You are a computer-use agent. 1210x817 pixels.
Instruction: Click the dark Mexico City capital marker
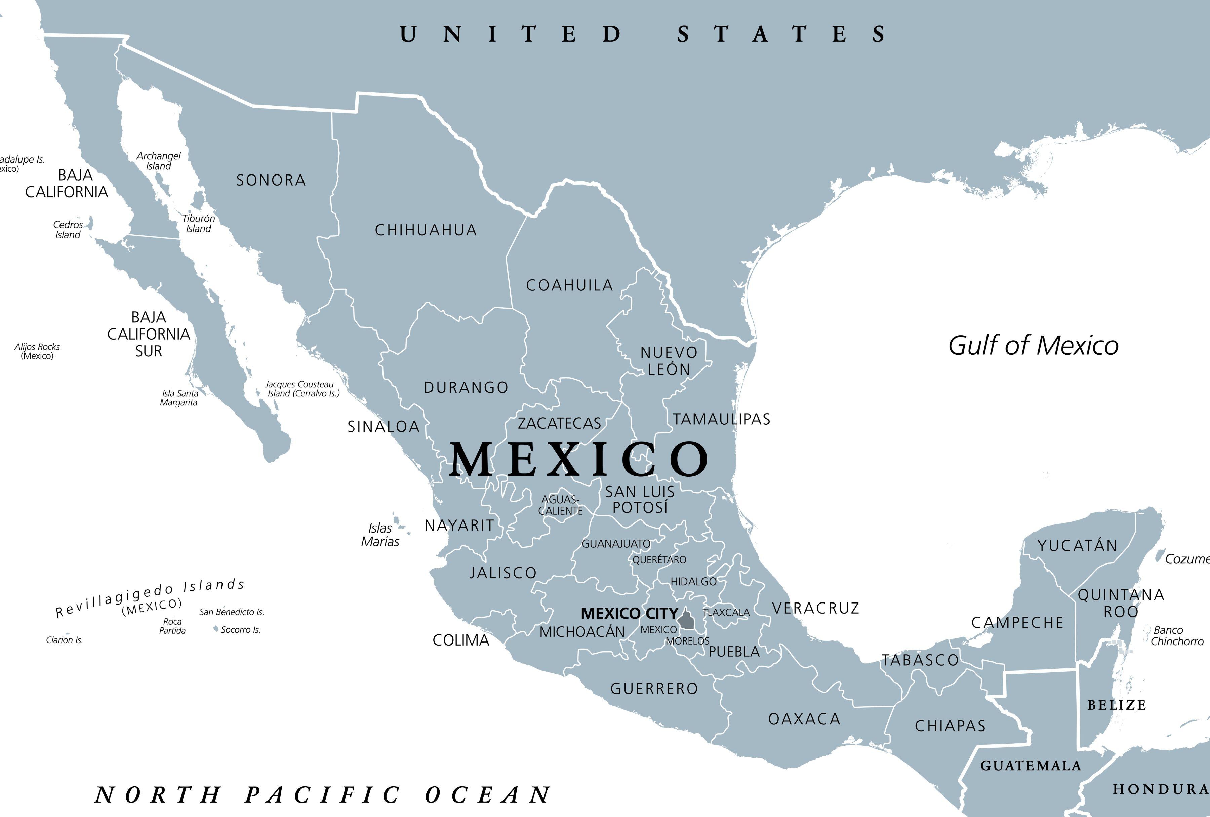point(686,620)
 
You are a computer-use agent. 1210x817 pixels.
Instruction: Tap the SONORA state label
point(271,180)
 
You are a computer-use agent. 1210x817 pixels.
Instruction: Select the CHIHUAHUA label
point(426,230)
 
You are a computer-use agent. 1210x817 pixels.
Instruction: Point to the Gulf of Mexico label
point(1033,346)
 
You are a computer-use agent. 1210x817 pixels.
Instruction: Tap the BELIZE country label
point(1116,705)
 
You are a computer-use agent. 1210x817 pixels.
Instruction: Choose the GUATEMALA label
point(1031,766)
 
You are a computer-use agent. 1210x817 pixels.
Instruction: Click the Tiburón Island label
point(198,223)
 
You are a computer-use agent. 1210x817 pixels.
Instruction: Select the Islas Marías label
point(380,535)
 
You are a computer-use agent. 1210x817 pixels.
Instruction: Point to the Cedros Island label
point(68,230)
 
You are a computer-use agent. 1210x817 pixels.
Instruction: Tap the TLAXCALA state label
point(726,612)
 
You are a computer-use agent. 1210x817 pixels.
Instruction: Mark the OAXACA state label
point(804,719)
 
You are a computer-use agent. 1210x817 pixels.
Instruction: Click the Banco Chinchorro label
point(1177,636)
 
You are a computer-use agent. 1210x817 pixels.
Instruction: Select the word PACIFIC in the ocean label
point(322,795)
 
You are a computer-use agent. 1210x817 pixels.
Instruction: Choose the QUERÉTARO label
point(659,560)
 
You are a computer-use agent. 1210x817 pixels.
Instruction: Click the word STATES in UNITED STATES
point(781,34)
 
